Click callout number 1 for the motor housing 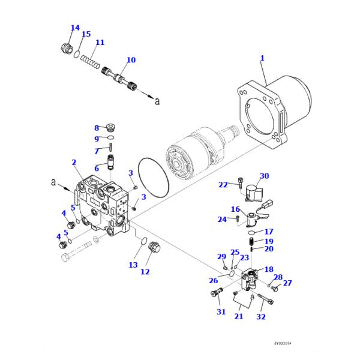262,58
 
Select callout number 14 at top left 75,28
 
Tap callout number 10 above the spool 131,60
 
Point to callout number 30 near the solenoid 264,176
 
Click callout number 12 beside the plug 145,272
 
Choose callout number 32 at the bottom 261,316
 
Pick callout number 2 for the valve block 73,162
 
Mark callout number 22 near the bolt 223,185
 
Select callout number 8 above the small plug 96,128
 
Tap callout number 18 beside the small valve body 269,269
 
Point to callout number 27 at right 287,283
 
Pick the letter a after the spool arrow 157,101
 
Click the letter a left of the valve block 53,182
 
